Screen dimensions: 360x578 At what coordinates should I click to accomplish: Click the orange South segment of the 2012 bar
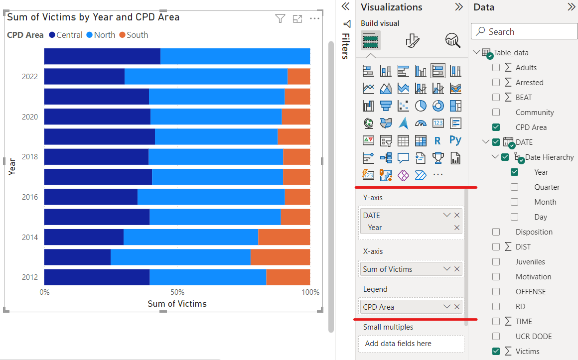point(288,277)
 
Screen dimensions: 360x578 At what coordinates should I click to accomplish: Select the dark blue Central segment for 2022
point(84,77)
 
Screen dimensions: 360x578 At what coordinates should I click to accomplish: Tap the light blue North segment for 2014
point(190,237)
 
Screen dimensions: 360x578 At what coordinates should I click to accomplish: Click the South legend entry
point(137,35)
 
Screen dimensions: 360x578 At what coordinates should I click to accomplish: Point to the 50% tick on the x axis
point(177,292)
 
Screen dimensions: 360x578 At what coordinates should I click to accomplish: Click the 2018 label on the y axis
point(30,157)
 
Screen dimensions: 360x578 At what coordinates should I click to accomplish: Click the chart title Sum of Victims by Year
point(93,17)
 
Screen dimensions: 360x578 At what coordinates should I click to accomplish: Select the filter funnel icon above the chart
point(280,19)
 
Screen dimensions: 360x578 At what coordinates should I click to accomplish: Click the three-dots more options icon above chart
point(314,19)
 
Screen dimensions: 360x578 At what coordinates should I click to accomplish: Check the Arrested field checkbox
point(496,83)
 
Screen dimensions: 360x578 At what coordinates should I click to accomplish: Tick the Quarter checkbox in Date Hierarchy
point(514,187)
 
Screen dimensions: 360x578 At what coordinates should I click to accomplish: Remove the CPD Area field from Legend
point(457,307)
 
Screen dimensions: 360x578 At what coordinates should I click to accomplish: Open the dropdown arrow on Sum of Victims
point(447,269)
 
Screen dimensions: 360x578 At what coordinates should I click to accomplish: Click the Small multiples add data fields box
point(411,344)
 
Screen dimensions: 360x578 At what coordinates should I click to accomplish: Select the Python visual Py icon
point(455,140)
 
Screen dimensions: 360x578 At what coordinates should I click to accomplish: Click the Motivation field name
point(533,277)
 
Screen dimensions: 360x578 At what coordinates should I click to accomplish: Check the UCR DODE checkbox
point(496,337)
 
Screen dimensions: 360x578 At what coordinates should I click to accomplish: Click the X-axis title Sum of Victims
point(177,304)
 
